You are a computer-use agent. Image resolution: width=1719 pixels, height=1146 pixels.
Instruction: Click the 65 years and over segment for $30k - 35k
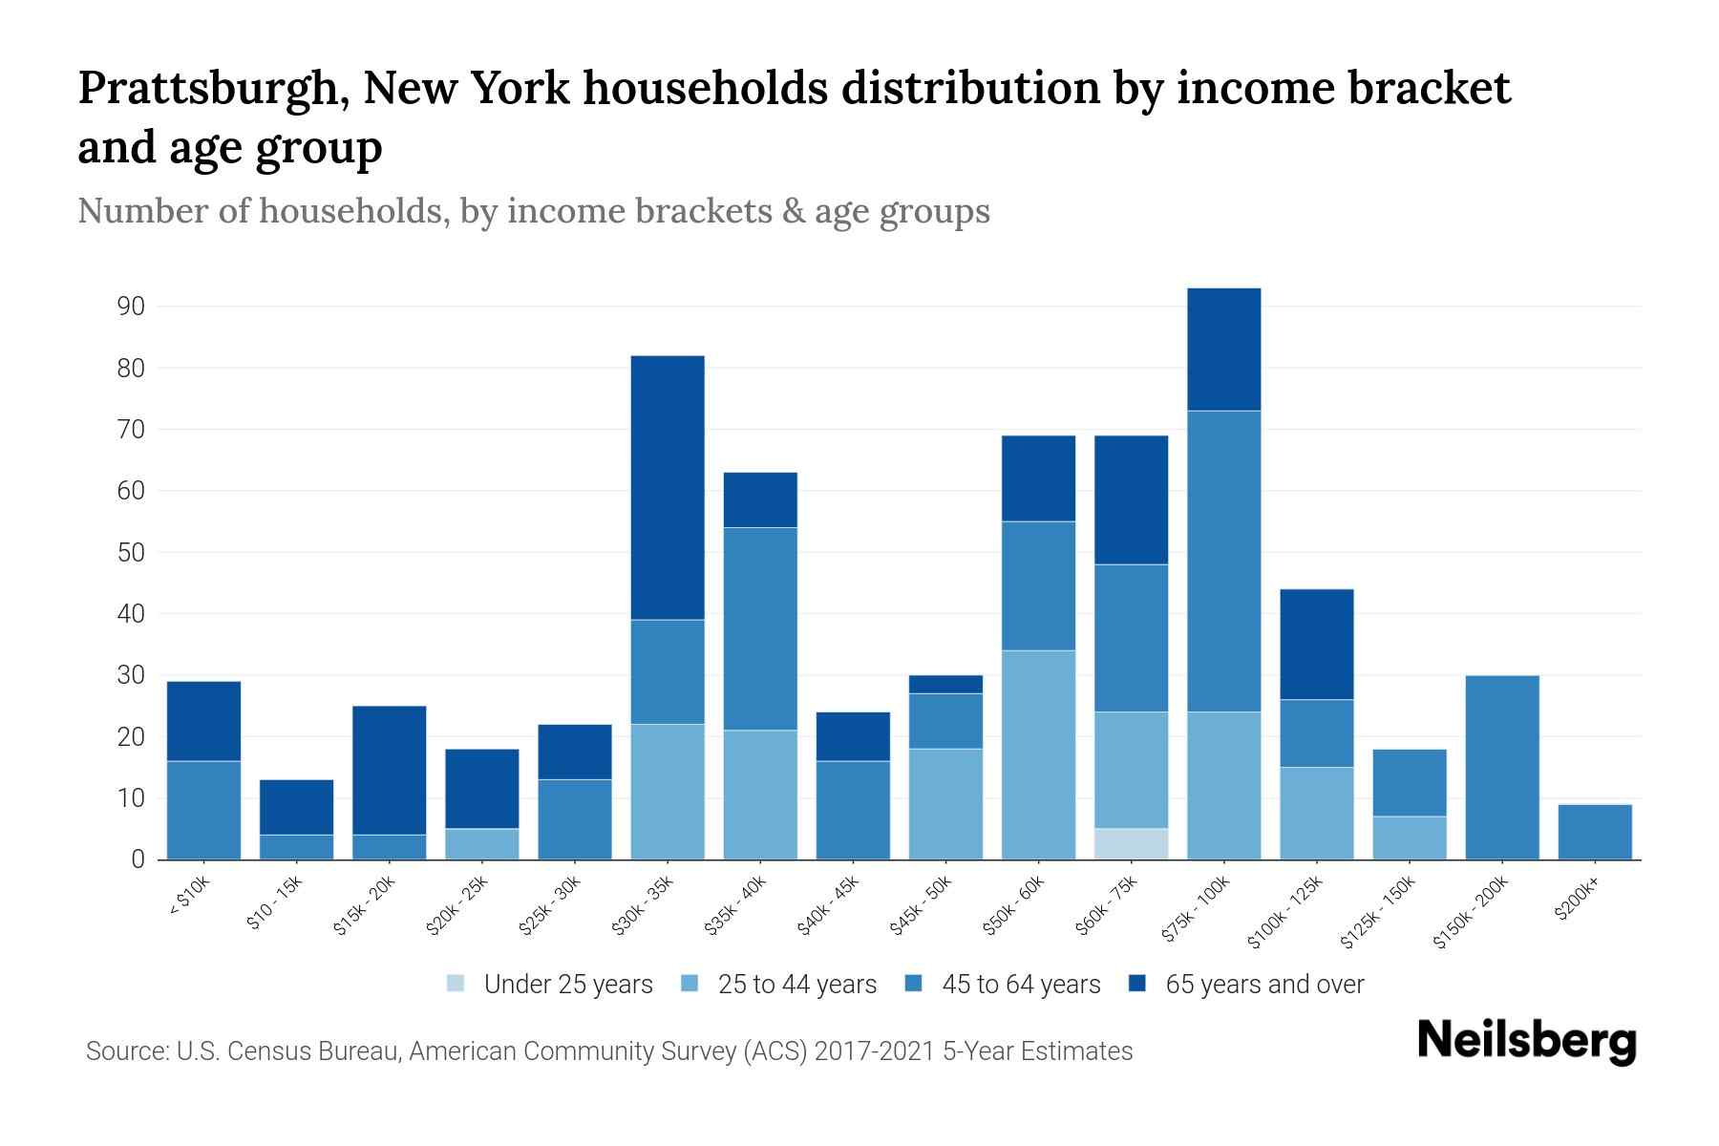click(668, 487)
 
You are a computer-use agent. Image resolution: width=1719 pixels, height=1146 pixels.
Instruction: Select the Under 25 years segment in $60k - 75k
click(1131, 843)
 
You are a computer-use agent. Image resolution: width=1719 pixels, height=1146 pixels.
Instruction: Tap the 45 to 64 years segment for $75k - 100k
click(1223, 562)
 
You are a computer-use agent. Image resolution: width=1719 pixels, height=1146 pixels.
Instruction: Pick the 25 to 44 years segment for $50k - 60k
click(1038, 754)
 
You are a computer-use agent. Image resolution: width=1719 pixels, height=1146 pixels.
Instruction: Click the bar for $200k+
click(1594, 832)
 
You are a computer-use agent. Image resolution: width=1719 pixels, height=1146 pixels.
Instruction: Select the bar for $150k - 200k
click(1501, 767)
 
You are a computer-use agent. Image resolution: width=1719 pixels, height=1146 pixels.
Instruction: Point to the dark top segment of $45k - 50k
click(945, 684)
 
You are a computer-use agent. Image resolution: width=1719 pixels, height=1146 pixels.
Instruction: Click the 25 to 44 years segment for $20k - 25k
click(482, 843)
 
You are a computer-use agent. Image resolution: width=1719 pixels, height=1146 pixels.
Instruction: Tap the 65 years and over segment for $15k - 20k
click(390, 770)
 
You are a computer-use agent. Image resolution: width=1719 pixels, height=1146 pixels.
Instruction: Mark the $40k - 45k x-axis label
click(828, 905)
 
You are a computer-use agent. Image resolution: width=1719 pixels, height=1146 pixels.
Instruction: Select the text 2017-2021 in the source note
click(875, 1051)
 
